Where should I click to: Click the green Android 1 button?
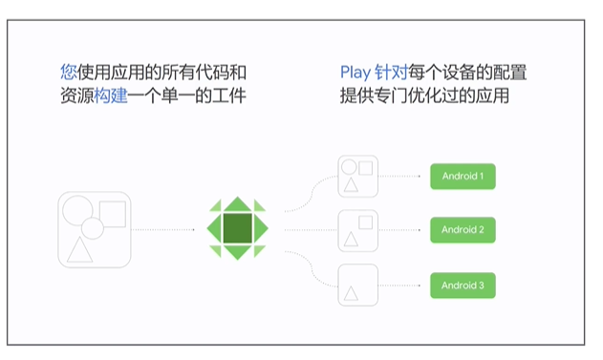point(463,177)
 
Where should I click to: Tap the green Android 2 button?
point(463,230)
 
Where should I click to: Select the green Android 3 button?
point(463,285)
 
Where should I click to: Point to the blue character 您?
point(68,72)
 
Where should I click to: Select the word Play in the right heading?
point(355,72)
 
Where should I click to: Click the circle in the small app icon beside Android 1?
point(352,166)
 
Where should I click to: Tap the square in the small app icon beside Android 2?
point(365,222)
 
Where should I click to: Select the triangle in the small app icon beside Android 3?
point(352,292)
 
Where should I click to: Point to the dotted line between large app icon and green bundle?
point(167,230)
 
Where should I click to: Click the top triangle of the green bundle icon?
point(237,203)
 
